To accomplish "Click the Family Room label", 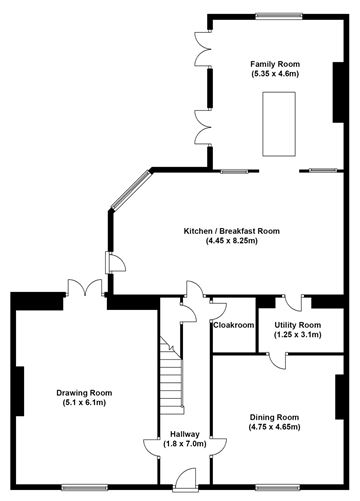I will tap(275, 64).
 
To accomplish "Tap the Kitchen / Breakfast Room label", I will tap(231, 231).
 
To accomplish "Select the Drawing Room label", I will tap(83, 393).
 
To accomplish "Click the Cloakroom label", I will tap(233, 325).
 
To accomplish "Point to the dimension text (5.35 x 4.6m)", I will tap(275, 74).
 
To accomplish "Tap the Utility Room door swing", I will tap(290, 304).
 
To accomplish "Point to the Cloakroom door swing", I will tap(220, 305).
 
